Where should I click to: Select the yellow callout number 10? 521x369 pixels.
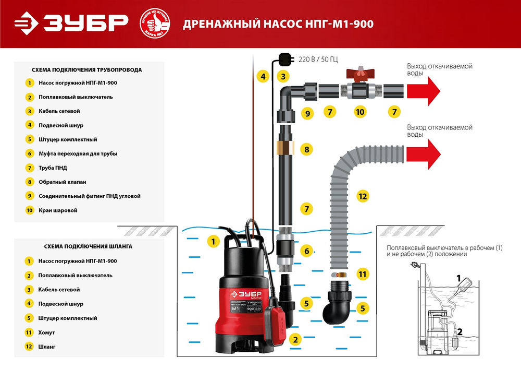(x=359, y=112)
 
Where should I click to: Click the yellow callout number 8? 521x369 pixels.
(x=307, y=150)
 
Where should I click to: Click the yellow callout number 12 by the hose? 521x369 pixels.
(x=363, y=196)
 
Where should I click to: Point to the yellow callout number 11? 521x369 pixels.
(x=362, y=273)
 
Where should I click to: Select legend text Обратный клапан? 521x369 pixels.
(x=62, y=182)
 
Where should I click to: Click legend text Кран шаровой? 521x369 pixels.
(x=58, y=210)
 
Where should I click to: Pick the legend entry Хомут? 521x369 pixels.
(x=46, y=332)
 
